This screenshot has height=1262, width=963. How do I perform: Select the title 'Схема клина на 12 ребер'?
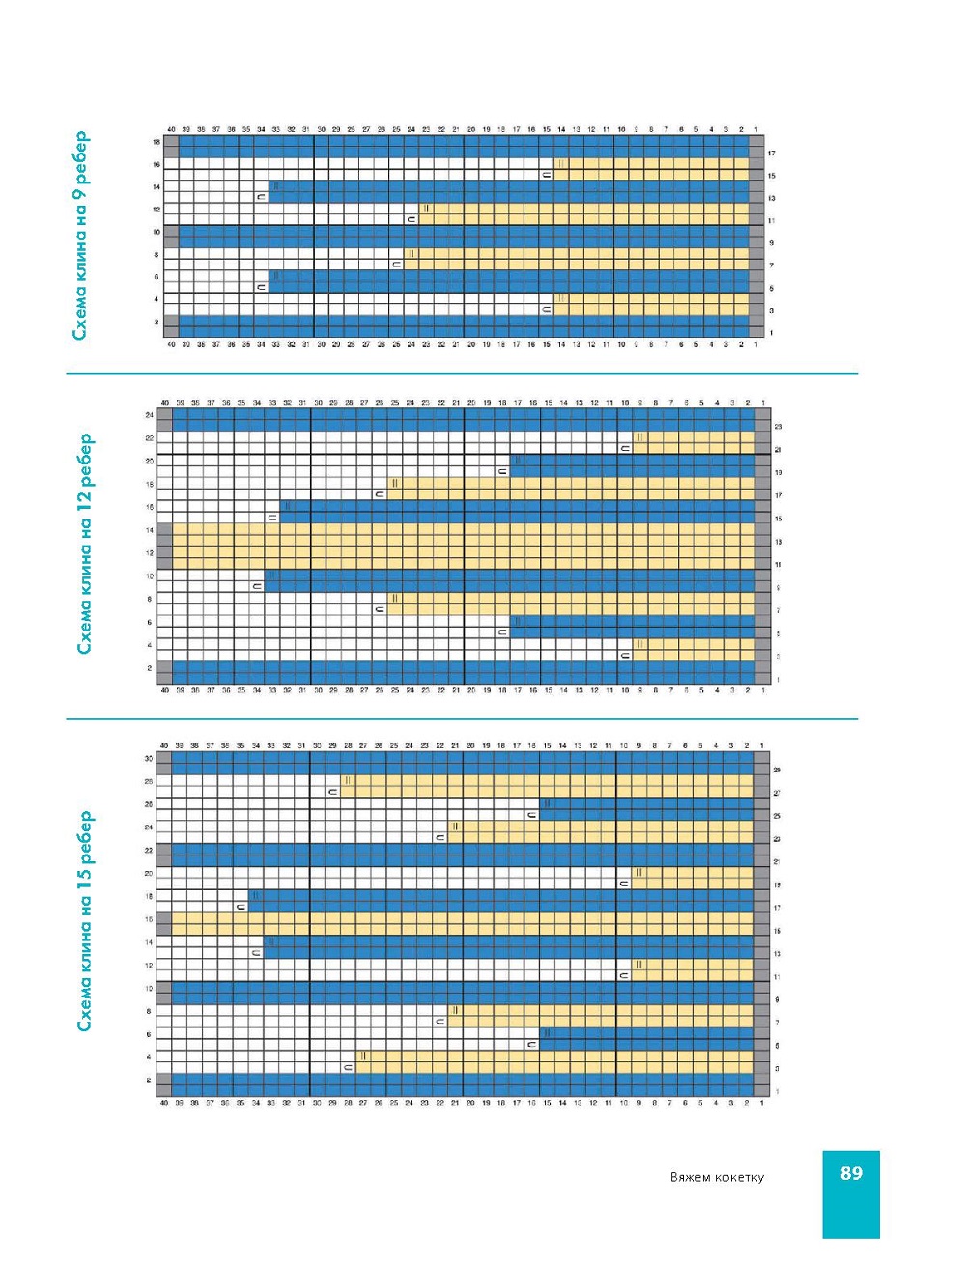(86, 543)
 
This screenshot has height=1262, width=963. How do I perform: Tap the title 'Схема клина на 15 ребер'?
(86, 920)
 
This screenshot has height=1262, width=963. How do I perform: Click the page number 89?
(851, 1173)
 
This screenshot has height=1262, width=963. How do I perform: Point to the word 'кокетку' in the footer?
(739, 1177)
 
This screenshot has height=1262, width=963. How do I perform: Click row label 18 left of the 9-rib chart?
(156, 142)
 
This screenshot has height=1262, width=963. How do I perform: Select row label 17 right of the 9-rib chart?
(771, 154)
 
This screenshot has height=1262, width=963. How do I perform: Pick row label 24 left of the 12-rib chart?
(149, 414)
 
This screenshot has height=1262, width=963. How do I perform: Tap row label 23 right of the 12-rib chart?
(778, 426)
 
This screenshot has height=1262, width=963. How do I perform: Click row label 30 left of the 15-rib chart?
(149, 758)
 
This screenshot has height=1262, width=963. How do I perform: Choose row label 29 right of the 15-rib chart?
(777, 770)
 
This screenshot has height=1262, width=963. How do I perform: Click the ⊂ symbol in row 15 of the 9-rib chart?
(546, 176)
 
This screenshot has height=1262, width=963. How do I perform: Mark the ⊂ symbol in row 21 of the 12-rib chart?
(625, 448)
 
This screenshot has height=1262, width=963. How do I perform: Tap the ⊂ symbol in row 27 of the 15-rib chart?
(333, 792)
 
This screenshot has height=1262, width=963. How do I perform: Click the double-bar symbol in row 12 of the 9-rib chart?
(426, 209)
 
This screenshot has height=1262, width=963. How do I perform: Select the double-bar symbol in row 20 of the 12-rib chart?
(518, 461)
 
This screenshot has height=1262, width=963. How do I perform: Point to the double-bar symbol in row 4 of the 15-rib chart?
(363, 1056)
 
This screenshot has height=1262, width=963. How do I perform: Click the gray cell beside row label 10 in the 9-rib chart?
(171, 232)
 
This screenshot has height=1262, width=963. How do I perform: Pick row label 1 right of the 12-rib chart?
(778, 680)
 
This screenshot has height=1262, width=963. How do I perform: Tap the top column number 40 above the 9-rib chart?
(171, 129)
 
